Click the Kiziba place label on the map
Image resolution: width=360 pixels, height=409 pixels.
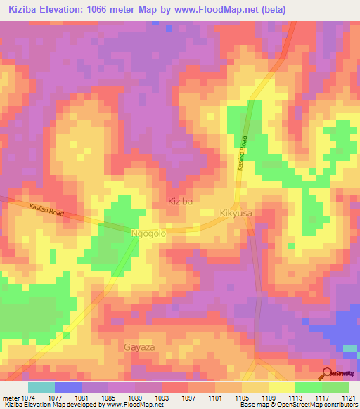(180, 201)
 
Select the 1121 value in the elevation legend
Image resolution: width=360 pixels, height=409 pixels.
(348, 397)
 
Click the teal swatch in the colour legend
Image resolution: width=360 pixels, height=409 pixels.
(41, 387)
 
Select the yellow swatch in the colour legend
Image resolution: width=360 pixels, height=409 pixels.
(281, 387)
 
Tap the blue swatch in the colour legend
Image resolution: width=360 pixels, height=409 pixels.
(68, 387)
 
